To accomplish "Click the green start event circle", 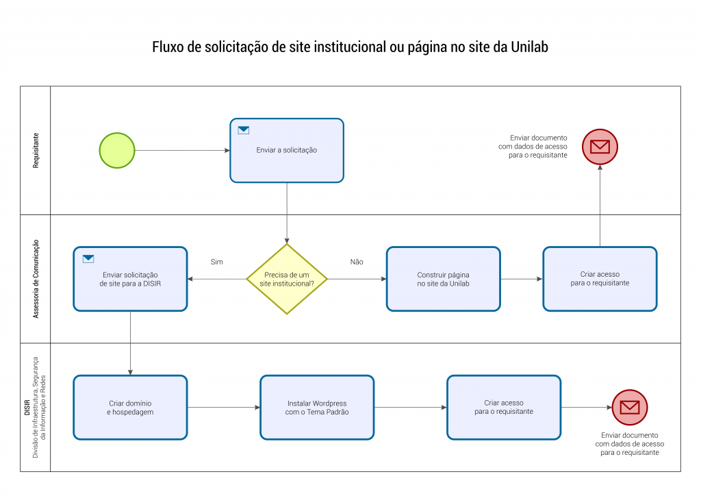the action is pyautogui.click(x=117, y=150).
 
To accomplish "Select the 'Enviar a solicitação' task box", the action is pyautogui.click(x=287, y=150).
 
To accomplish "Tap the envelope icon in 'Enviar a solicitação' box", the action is pyautogui.click(x=244, y=130).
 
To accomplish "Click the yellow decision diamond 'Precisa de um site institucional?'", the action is pyautogui.click(x=287, y=279).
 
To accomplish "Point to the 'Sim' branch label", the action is pyautogui.click(x=217, y=262).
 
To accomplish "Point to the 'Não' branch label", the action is pyautogui.click(x=357, y=262).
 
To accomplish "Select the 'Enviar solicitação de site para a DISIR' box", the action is pyautogui.click(x=131, y=279).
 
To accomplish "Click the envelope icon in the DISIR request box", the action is pyautogui.click(x=88, y=258).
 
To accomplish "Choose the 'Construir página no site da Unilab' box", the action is pyautogui.click(x=444, y=279).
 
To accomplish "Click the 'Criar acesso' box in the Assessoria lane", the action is pyautogui.click(x=600, y=279).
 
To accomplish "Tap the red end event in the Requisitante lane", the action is pyautogui.click(x=600, y=147).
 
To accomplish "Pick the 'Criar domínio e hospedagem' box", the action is pyautogui.click(x=131, y=408).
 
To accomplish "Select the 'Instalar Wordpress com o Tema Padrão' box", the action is pyautogui.click(x=317, y=408).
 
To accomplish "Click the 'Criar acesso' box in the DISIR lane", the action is pyautogui.click(x=504, y=408).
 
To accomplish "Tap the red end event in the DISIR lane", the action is pyautogui.click(x=630, y=408).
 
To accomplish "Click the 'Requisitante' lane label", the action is pyautogui.click(x=36, y=150).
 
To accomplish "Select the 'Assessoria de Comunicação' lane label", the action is pyautogui.click(x=36, y=279).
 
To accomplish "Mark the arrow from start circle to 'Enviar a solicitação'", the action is pyautogui.click(x=182, y=150).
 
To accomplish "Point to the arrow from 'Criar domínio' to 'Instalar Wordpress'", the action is pyautogui.click(x=224, y=408).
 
